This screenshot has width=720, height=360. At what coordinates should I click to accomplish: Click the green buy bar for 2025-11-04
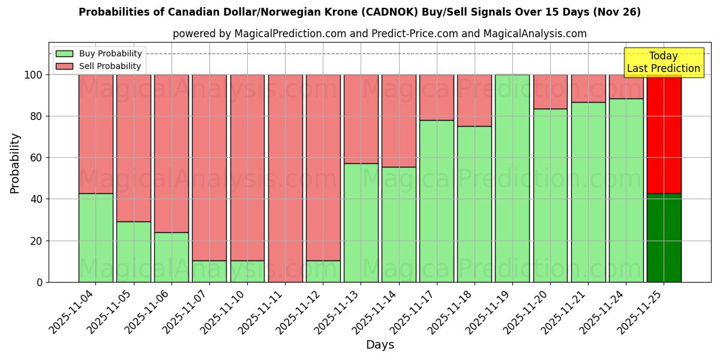point(95,238)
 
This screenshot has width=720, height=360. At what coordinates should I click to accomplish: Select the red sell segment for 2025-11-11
point(285,178)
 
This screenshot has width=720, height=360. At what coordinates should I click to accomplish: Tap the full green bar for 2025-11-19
point(512,178)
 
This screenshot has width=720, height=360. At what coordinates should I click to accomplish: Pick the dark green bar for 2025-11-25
point(664,238)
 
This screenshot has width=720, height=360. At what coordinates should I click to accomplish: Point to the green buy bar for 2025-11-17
point(437,201)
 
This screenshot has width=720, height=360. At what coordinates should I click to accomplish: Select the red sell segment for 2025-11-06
point(172,154)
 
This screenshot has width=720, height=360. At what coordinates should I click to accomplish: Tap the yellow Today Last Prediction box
point(664,62)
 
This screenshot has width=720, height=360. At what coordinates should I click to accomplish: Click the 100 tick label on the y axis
point(33,75)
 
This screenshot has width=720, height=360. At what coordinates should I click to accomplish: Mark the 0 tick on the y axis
point(40,282)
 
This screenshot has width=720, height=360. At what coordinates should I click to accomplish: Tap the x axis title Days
point(380,345)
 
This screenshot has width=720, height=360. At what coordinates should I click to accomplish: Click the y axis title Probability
point(15,163)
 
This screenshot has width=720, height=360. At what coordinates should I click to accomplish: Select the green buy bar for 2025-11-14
point(399,224)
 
